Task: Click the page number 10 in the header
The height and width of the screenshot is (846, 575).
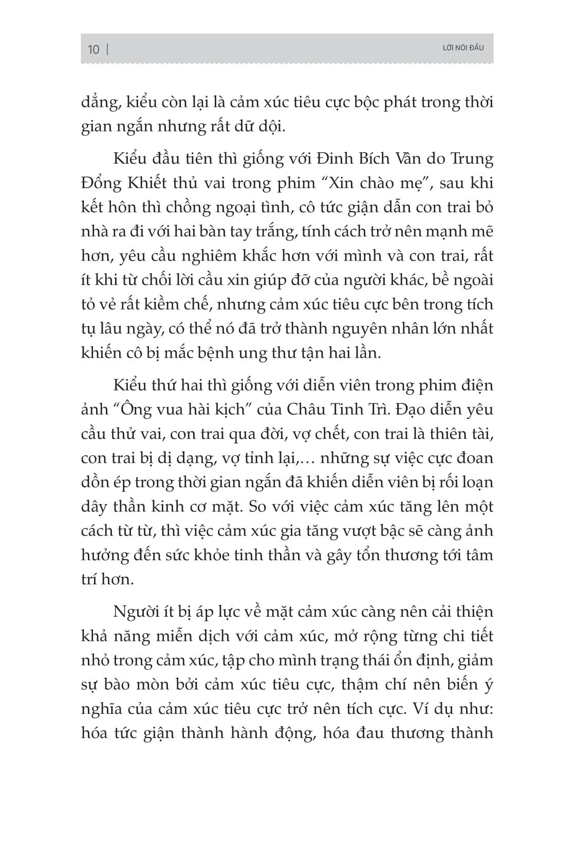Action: coord(94,49)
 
